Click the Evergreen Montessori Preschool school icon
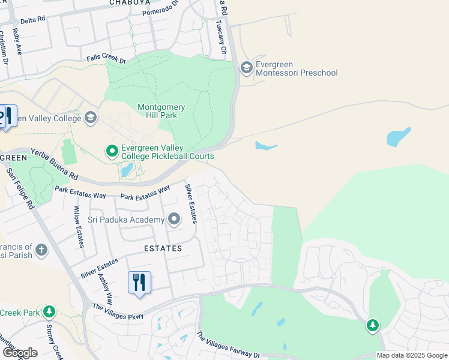coord(246,67)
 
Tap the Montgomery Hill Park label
coord(161,112)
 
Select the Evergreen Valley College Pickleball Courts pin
coord(112,151)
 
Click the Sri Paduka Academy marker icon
coord(174,220)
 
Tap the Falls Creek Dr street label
coord(106,59)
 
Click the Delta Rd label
coord(33,20)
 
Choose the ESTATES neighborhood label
coord(163,248)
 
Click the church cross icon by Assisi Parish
coord(41,249)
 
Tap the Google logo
coord(19,353)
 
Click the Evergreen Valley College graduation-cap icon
coord(91,117)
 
